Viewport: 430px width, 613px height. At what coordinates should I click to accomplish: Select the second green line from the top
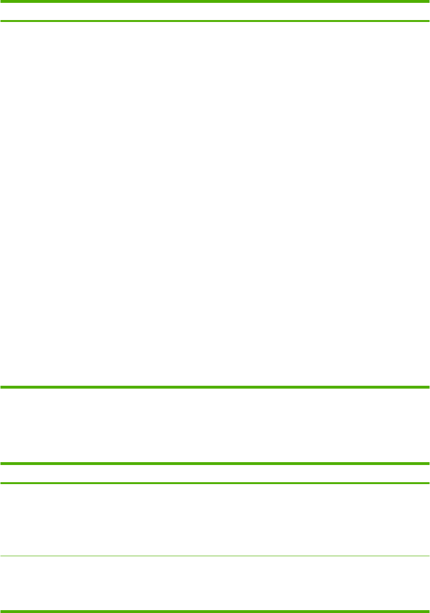click(x=215, y=21)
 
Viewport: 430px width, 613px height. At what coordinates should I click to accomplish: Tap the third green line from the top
click(x=215, y=387)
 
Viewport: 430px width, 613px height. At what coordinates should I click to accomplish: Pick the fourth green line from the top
click(x=215, y=463)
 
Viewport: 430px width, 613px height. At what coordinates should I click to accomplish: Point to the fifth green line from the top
click(x=215, y=483)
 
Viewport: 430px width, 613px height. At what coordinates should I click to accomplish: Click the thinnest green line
click(x=215, y=556)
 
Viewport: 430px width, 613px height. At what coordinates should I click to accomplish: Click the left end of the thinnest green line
click(x=1, y=556)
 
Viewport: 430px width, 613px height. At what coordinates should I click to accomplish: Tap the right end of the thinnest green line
click(x=428, y=556)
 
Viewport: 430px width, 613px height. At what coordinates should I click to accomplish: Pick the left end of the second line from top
click(x=1, y=21)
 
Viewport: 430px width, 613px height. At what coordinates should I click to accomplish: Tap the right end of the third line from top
click(x=428, y=387)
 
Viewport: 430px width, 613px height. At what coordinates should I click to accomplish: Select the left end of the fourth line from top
click(x=1, y=463)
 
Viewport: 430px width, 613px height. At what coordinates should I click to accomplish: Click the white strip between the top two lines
click(x=215, y=11)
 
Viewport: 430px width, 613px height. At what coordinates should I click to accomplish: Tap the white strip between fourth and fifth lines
click(x=215, y=473)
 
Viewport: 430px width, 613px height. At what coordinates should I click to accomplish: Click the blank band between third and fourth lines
click(x=215, y=425)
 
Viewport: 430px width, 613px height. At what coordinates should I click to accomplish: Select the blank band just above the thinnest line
click(x=215, y=519)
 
